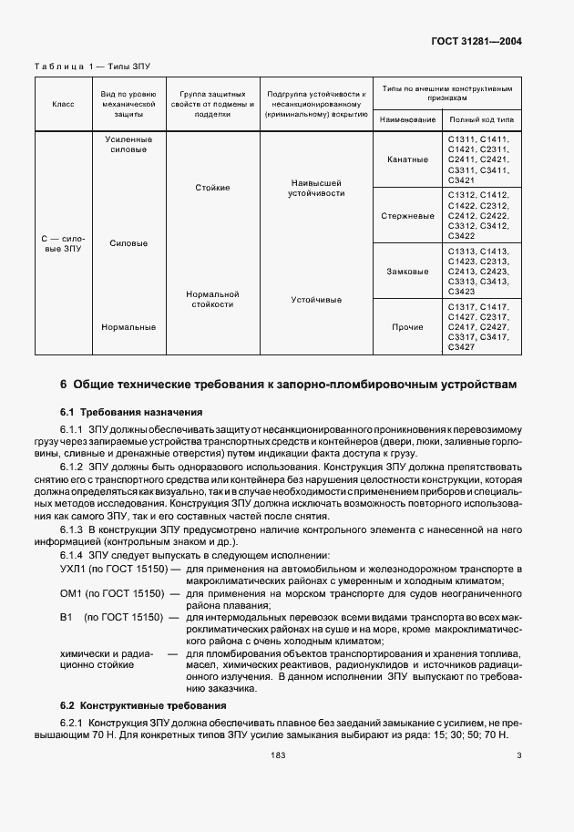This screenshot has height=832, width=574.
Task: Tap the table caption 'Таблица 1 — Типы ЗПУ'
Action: coord(92,67)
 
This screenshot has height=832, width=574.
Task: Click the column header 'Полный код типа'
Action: coord(481,119)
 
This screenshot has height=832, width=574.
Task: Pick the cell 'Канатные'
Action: coord(408,159)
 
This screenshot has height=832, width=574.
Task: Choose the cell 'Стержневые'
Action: coord(408,216)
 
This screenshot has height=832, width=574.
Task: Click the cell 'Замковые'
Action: coord(408,271)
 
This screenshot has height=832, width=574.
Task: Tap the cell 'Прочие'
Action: coord(408,326)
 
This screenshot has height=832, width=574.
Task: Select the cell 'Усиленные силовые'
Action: coord(128,145)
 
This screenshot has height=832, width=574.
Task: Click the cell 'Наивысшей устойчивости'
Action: coord(316,188)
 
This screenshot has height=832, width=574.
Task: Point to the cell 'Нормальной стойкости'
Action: coord(211,299)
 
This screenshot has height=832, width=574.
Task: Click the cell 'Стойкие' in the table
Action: coord(211,188)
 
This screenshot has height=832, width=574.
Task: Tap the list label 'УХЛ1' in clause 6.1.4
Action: coord(75,569)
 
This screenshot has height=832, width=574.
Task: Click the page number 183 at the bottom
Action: coord(279,755)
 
